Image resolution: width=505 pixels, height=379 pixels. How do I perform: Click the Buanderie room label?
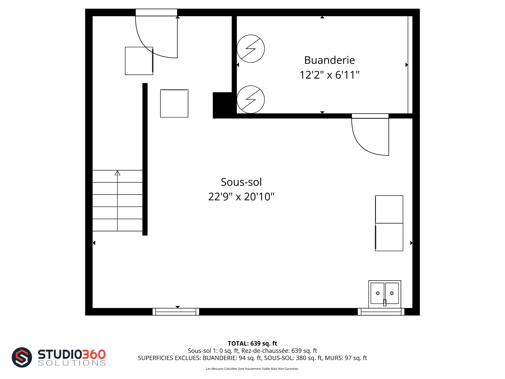(x=330, y=60)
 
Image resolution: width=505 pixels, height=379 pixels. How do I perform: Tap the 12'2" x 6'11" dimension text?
(x=330, y=75)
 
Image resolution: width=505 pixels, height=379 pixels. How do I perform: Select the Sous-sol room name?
(x=241, y=182)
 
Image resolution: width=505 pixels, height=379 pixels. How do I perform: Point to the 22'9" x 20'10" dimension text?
(x=241, y=197)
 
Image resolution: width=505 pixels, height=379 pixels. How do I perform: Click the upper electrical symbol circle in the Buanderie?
(x=251, y=35)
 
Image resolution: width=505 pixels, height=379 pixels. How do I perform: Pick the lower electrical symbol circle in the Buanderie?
(x=251, y=86)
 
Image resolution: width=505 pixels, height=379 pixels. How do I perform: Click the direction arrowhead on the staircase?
(x=117, y=173)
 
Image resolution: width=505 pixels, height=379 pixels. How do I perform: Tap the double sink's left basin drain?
(x=378, y=293)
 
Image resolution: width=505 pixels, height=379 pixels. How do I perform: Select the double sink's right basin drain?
(x=392, y=293)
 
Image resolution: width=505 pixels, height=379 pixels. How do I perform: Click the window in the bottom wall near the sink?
(x=381, y=312)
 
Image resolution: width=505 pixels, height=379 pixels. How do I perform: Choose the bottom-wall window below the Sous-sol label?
(x=176, y=312)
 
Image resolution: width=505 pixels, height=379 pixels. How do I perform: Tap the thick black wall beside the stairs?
(x=145, y=159)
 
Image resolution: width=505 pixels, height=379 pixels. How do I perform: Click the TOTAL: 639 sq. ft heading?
(x=252, y=343)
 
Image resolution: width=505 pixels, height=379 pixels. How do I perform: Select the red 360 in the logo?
(x=94, y=354)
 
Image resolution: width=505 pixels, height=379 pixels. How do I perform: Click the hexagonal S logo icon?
(x=22, y=357)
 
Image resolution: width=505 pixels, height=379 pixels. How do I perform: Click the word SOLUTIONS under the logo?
(x=72, y=363)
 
